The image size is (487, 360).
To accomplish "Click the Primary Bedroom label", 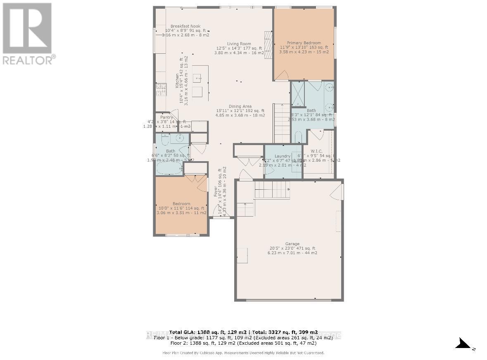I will (x=304, y=43).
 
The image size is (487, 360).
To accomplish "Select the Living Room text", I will (x=239, y=44).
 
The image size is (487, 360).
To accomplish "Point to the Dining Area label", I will (x=240, y=106).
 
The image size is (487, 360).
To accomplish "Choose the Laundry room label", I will (x=283, y=156).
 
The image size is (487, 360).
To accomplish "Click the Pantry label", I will (x=167, y=117).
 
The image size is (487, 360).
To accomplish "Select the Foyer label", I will (x=215, y=191).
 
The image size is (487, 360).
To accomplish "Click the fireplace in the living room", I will (x=268, y=45).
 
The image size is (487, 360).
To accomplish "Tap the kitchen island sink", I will (x=198, y=77).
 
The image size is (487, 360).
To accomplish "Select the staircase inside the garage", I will (x=271, y=190).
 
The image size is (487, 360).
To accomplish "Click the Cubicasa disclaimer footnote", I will (x=243, y=353).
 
